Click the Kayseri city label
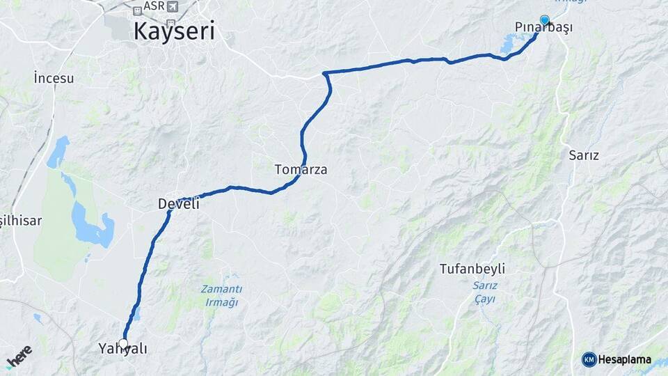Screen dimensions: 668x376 [x=173, y=31]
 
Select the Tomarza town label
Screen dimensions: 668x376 [x=301, y=169]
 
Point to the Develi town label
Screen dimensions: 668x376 [x=179, y=203]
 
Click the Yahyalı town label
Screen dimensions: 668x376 [x=122, y=349]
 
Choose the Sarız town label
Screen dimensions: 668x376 [x=584, y=155]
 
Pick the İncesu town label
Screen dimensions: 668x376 [x=54, y=78]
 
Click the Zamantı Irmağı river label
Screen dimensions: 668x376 [x=221, y=295]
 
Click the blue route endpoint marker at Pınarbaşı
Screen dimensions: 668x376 [x=544, y=20]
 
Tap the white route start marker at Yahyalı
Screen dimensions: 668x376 [x=124, y=343]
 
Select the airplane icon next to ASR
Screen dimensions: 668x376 [x=172, y=7]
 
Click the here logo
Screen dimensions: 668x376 [x=19, y=357]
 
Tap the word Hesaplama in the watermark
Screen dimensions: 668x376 [x=625, y=359]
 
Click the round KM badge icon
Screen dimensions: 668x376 [x=589, y=359]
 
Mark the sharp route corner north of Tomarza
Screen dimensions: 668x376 [x=325, y=73]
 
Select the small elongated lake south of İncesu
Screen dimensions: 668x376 [x=58, y=152]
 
